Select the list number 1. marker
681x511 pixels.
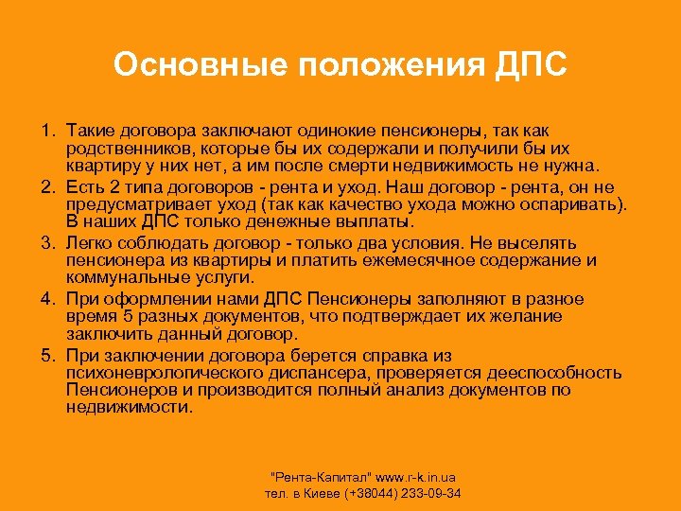tap(47, 129)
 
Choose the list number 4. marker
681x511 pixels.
tap(47, 299)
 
